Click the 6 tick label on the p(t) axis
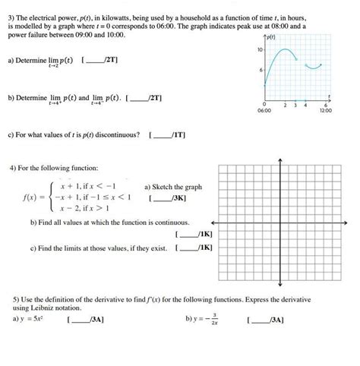click(x=260, y=70)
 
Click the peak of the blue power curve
click(x=284, y=50)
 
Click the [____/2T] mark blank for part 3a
click(x=100, y=58)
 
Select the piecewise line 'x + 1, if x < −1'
click(x=85, y=185)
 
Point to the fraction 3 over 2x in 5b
click(x=215, y=320)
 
